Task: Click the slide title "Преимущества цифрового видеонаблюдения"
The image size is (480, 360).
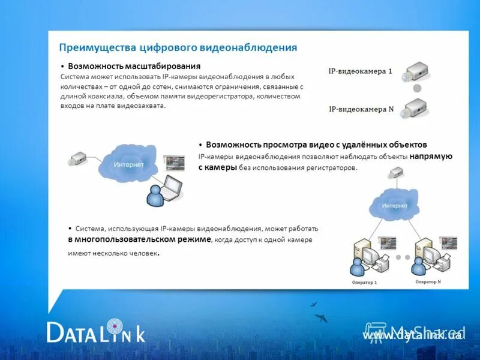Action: coord(178,47)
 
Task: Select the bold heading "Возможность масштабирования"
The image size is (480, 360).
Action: coord(134,66)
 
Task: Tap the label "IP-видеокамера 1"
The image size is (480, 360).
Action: coord(360,71)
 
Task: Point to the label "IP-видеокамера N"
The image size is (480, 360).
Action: coord(361,109)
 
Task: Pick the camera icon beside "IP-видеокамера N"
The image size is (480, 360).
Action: coord(414,109)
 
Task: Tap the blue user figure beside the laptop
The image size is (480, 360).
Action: coord(154,195)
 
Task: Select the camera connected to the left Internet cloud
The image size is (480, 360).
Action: coord(79,159)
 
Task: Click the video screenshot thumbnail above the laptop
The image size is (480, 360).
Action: coord(175,163)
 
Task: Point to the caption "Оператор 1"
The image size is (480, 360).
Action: coord(364,282)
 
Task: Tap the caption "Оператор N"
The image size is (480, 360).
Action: coord(428,281)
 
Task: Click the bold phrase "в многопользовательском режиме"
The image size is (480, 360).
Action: coord(139,239)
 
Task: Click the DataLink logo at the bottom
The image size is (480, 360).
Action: coord(96,332)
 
